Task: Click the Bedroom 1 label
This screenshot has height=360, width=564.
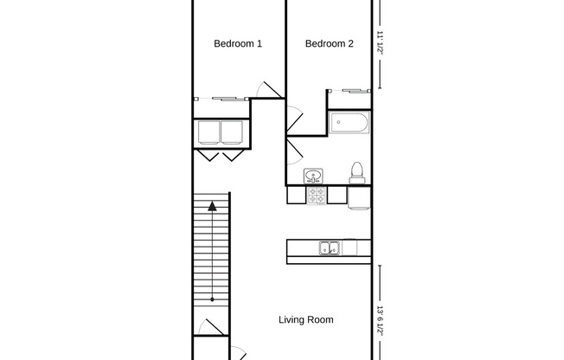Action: tap(238, 43)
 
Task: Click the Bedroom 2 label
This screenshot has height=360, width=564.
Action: tap(329, 43)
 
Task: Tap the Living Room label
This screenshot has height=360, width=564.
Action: tap(306, 319)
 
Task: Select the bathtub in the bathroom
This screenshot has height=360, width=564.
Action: tap(349, 123)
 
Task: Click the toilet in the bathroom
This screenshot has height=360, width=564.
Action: tap(356, 173)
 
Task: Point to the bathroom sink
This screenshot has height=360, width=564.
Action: tap(313, 176)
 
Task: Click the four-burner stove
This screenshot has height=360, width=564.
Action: tap(317, 196)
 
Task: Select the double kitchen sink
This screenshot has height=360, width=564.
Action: tap(330, 248)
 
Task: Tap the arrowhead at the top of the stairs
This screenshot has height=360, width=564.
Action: tap(212, 206)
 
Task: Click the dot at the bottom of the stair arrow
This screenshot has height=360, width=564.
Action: tap(212, 299)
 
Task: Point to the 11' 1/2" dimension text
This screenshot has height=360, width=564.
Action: tap(380, 42)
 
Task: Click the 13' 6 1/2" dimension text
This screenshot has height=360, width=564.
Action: tap(380, 321)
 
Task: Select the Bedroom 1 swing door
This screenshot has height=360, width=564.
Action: tap(270, 90)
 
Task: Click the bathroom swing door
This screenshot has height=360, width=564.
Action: tap(294, 151)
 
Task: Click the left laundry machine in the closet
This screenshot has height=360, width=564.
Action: tap(208, 132)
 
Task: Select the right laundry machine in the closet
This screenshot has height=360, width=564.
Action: tap(232, 132)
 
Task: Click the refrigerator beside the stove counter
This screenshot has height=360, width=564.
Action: tap(359, 198)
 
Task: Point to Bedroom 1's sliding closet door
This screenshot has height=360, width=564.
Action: tap(221, 99)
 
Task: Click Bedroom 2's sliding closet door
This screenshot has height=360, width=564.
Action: tap(349, 91)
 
